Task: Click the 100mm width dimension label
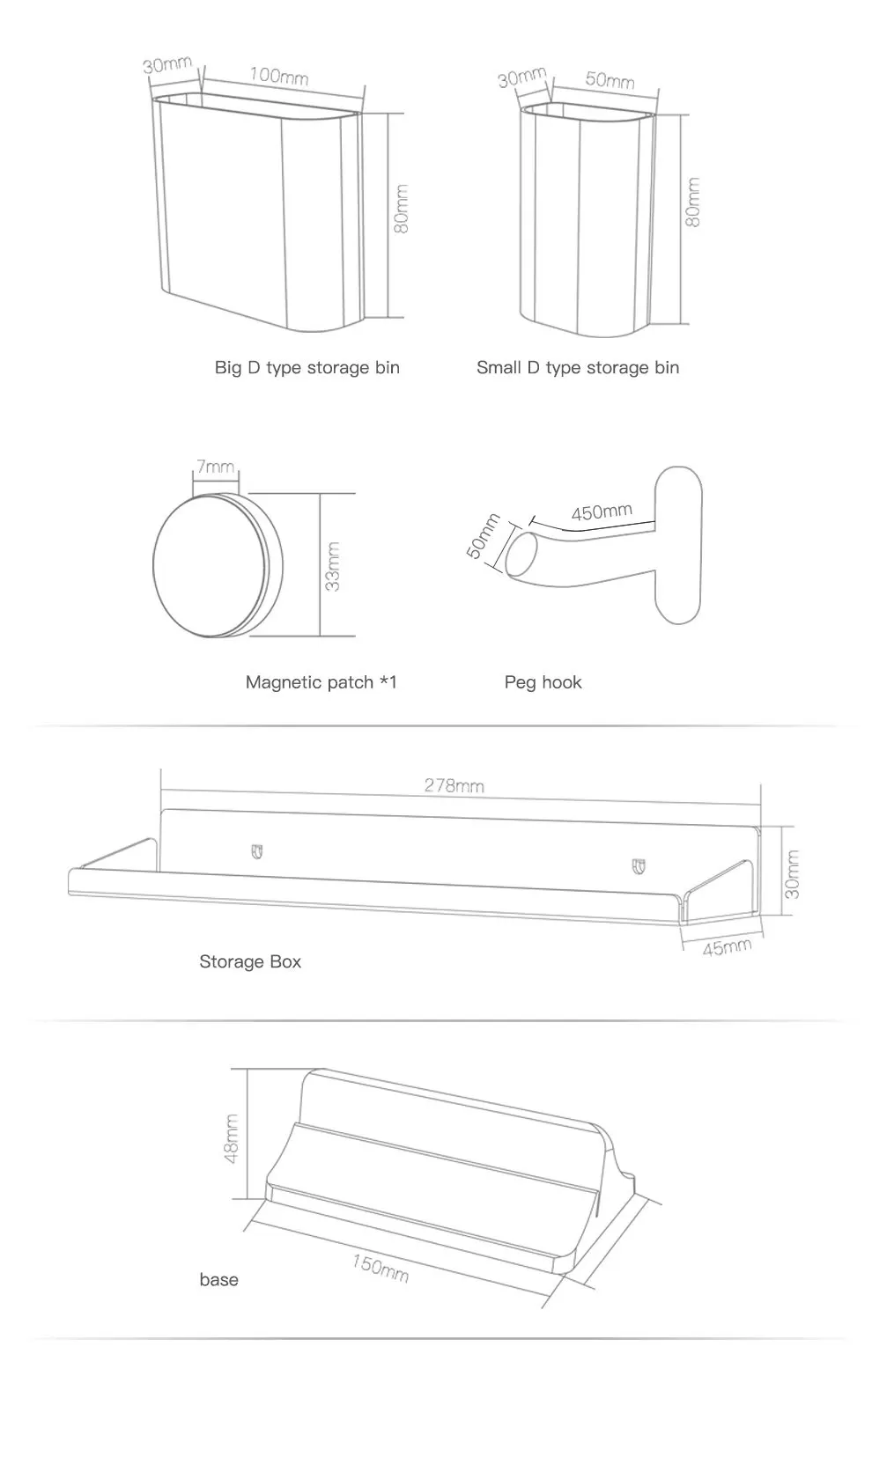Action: click(x=278, y=76)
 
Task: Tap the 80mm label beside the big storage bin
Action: click(x=402, y=209)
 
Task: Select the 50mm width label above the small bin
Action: click(x=610, y=80)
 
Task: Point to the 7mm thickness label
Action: click(x=215, y=467)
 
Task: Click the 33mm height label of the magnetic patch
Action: click(x=333, y=566)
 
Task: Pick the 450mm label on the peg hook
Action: click(x=602, y=511)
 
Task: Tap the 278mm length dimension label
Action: click(x=454, y=785)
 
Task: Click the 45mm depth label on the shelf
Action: click(x=727, y=947)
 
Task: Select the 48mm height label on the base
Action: click(x=232, y=1138)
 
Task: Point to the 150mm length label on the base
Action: click(x=381, y=1268)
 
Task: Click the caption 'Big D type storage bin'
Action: click(x=307, y=367)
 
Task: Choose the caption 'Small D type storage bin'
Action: click(x=578, y=367)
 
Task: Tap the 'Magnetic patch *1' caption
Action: click(x=321, y=682)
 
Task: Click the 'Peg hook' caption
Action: click(x=543, y=682)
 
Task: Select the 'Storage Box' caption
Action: click(x=250, y=961)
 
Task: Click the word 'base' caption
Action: click(x=218, y=1279)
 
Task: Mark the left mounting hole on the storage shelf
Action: click(x=257, y=851)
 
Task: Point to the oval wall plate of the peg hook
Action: click(x=678, y=546)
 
